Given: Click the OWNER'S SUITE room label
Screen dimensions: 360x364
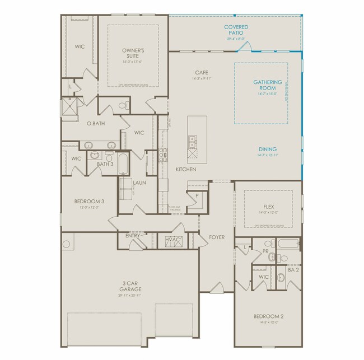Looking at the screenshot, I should pos(134,54).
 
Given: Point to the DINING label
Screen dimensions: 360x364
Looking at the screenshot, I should pos(267,149).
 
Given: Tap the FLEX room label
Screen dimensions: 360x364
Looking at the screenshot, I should pos(268,207).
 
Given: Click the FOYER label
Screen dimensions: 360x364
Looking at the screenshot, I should pos(216,237).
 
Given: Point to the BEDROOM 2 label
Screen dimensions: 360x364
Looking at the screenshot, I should pos(268,316).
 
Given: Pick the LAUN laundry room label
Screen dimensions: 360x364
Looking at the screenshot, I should pos(139,183).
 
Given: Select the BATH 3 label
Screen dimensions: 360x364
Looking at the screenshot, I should pos(105,164).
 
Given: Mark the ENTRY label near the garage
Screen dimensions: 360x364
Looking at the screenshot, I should pos(133,236).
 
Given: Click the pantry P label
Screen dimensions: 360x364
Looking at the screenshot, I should pos(197,195).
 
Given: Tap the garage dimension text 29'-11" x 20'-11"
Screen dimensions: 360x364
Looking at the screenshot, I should pos(129,295).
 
